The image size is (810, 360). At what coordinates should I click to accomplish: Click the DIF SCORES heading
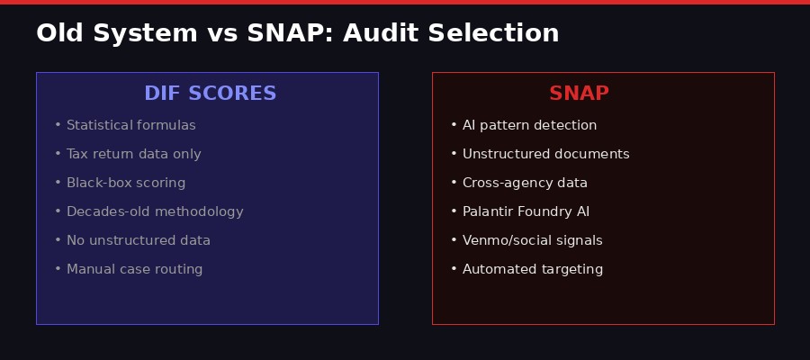pos(210,94)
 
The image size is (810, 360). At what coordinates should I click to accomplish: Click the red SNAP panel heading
pos(579,94)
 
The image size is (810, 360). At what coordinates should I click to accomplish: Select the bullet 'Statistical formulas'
pos(130,125)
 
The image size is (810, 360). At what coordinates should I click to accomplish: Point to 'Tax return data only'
pos(133,154)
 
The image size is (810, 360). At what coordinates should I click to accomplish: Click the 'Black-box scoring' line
pos(126,183)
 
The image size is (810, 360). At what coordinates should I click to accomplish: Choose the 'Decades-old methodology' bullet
pos(155,211)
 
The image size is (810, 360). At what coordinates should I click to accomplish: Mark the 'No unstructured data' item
pos(138,240)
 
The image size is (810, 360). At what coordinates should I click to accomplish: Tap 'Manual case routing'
pos(134,269)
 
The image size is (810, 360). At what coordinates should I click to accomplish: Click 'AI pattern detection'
pos(529,125)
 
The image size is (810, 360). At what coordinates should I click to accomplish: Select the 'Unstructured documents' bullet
pos(545,154)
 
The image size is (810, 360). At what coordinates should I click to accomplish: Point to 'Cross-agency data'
pos(525,183)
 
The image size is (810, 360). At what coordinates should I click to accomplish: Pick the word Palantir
pos(487,211)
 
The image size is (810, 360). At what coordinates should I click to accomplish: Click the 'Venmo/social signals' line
pos(532,240)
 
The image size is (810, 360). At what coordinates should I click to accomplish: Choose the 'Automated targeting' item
pos(532,269)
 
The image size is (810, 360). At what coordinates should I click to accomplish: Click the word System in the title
pos(141,33)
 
